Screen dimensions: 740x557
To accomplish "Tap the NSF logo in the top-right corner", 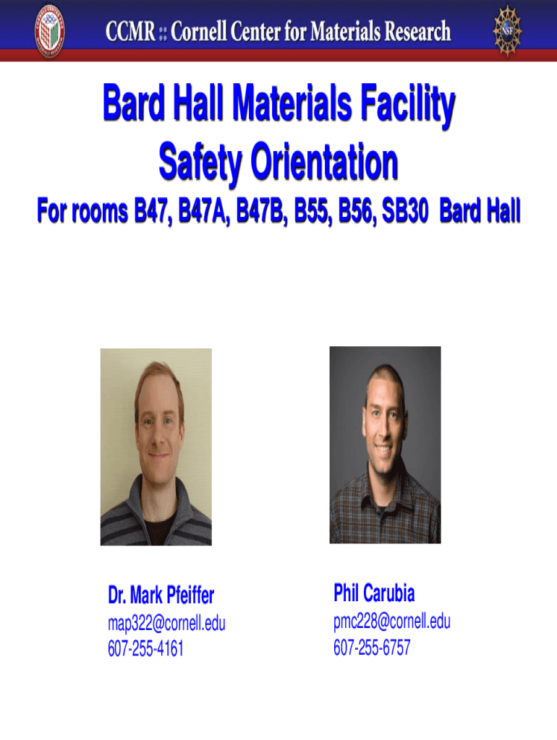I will [x=508, y=30].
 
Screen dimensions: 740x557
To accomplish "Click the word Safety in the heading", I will [x=200, y=163].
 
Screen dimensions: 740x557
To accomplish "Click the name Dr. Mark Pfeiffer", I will [x=161, y=596].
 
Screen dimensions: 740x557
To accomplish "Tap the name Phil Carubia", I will [x=374, y=594].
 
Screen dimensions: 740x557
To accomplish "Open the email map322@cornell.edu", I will [x=166, y=624].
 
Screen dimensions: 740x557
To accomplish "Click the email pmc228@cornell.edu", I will [x=391, y=621].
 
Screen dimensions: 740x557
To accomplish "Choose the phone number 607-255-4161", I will [x=145, y=649].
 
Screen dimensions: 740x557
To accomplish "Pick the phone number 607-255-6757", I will [x=371, y=647].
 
